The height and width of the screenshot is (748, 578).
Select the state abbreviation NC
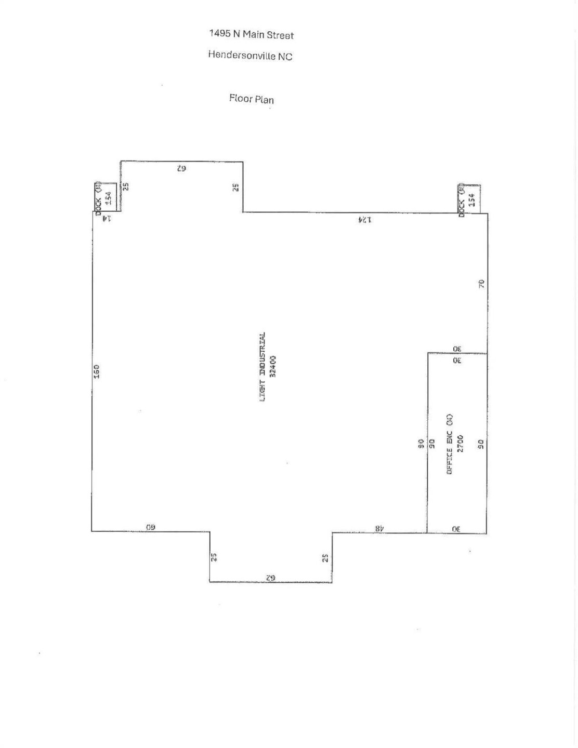coord(285,57)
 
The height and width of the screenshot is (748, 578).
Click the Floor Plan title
coord(252,99)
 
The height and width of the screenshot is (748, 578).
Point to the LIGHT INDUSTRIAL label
coord(263,367)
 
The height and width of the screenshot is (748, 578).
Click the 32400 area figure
coord(273,367)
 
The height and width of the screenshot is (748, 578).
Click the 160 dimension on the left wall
coord(97,371)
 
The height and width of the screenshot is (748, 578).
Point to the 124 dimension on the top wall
coord(365,220)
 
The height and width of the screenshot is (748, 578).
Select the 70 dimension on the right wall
coord(481,284)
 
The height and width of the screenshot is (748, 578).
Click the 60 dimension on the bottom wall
coord(150,527)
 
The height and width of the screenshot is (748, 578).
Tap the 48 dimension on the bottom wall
coord(380,528)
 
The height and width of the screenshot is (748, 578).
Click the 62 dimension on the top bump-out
coord(181,168)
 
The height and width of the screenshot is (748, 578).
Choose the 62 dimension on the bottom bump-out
coord(270,578)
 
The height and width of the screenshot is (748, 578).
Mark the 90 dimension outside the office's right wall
coord(481,444)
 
